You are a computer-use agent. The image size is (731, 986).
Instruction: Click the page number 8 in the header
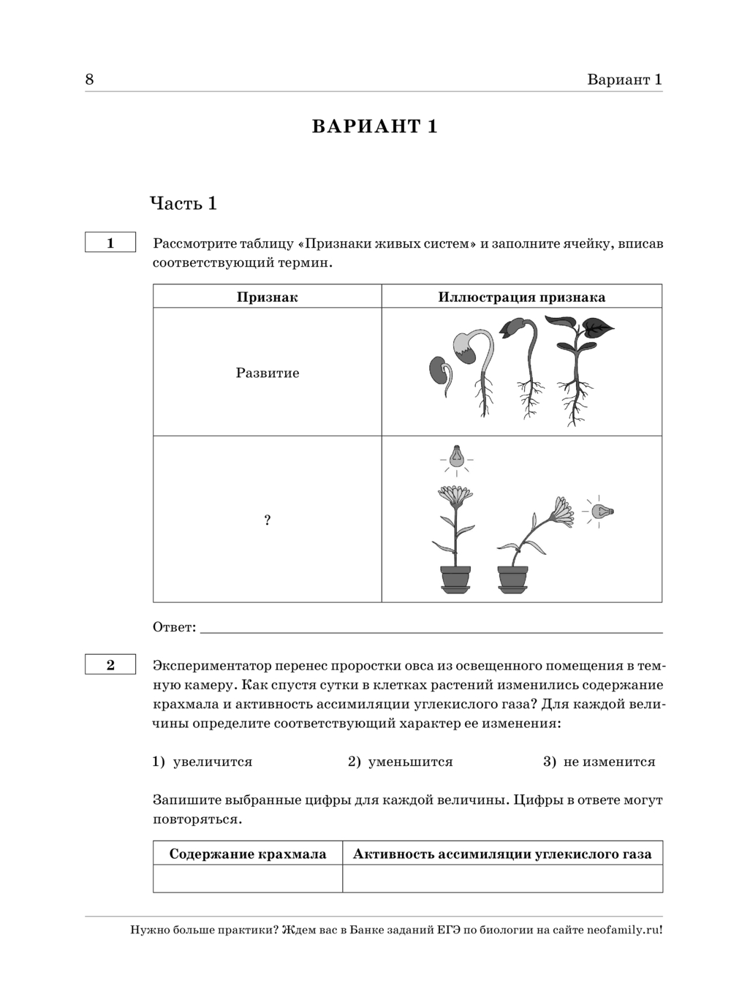89,80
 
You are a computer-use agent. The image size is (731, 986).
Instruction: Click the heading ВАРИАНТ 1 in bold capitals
374,126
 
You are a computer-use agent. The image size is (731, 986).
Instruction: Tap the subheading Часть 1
183,203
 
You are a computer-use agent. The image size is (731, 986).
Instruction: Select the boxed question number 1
110,243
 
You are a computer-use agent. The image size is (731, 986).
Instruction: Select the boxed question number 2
110,664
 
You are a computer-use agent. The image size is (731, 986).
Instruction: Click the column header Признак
267,297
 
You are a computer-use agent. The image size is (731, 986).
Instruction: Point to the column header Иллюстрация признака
521,297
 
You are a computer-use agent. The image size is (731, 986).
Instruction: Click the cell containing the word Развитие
267,373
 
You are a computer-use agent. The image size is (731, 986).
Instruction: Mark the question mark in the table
267,520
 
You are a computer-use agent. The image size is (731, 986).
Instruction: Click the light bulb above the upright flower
457,457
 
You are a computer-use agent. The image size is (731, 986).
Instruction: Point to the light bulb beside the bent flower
601,511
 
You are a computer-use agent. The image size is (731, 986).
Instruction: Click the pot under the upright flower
455,578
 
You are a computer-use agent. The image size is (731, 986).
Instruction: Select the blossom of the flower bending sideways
562,509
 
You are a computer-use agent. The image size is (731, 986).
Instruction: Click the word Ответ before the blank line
174,627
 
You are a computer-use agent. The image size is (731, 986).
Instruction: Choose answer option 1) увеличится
202,762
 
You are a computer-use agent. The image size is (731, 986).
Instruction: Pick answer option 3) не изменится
599,762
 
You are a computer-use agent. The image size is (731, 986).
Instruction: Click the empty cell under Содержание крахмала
247,878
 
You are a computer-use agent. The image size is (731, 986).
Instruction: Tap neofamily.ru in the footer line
621,930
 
